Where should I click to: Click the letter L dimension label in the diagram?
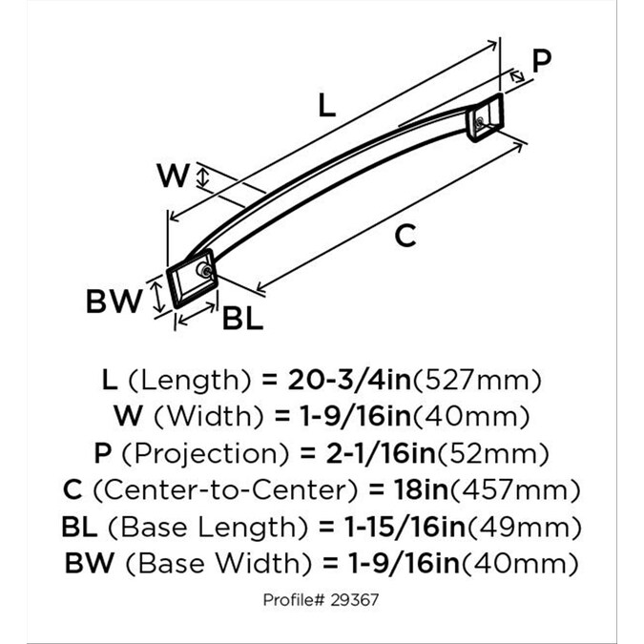(327, 105)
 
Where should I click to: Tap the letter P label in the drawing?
(541, 60)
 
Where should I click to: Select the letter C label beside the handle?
(405, 236)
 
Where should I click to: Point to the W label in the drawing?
(174, 176)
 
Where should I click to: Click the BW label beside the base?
(114, 301)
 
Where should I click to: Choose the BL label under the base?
(242, 319)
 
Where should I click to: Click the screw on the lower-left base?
(204, 270)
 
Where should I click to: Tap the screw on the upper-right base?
(479, 122)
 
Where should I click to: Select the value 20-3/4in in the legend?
(349, 380)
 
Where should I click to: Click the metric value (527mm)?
(477, 381)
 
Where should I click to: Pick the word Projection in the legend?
(206, 454)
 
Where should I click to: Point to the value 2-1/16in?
(381, 453)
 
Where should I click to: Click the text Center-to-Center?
(225, 490)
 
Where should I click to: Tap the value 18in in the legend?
(422, 489)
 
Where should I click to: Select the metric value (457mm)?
(515, 490)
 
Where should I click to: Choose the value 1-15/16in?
(405, 527)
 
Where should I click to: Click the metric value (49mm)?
(525, 528)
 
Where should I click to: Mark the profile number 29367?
(354, 600)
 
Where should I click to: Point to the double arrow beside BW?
(156, 295)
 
